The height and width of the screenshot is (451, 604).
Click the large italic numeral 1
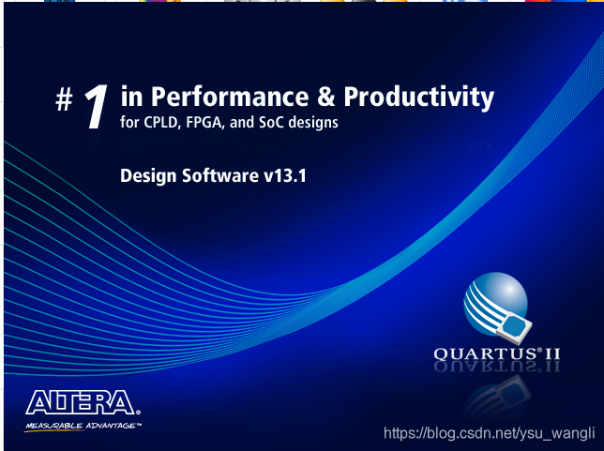(97, 107)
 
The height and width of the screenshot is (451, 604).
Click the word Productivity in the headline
(418, 97)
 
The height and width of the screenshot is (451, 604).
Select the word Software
(219, 174)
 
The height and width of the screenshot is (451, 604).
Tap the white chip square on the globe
(514, 325)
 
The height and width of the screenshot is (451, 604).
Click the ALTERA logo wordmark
(81, 403)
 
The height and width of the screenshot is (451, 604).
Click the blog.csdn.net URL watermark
(491, 433)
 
